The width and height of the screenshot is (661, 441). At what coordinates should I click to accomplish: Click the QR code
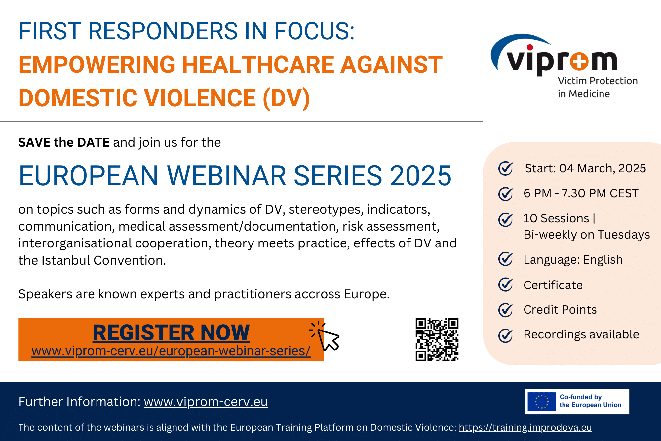[437, 339]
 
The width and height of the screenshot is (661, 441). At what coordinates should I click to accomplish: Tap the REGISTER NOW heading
[171, 332]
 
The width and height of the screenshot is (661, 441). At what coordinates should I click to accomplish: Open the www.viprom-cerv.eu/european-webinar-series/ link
[171, 351]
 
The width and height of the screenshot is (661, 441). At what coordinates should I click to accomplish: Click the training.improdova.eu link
[525, 427]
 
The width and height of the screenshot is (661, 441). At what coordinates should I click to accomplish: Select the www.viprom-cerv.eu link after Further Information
[206, 402]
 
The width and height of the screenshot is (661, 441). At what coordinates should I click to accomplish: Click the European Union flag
[542, 401]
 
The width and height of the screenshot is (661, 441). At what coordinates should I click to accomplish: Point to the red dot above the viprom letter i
[530, 47]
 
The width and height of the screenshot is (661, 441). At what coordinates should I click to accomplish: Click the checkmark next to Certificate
[505, 285]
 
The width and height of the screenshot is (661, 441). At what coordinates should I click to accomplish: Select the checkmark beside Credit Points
[505, 310]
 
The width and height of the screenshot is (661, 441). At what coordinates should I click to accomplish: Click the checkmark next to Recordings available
[505, 335]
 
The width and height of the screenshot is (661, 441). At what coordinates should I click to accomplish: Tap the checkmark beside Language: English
[505, 259]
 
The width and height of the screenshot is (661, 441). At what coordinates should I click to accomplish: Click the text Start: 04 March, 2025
[585, 168]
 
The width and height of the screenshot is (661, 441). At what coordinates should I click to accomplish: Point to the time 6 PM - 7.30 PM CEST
[581, 193]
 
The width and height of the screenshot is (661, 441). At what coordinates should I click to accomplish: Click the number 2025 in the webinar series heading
[420, 176]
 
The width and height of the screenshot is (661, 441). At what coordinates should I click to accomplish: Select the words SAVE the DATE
[64, 142]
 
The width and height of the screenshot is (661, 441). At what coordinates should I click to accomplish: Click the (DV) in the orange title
[286, 98]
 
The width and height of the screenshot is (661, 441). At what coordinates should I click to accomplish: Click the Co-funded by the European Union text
[590, 401]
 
